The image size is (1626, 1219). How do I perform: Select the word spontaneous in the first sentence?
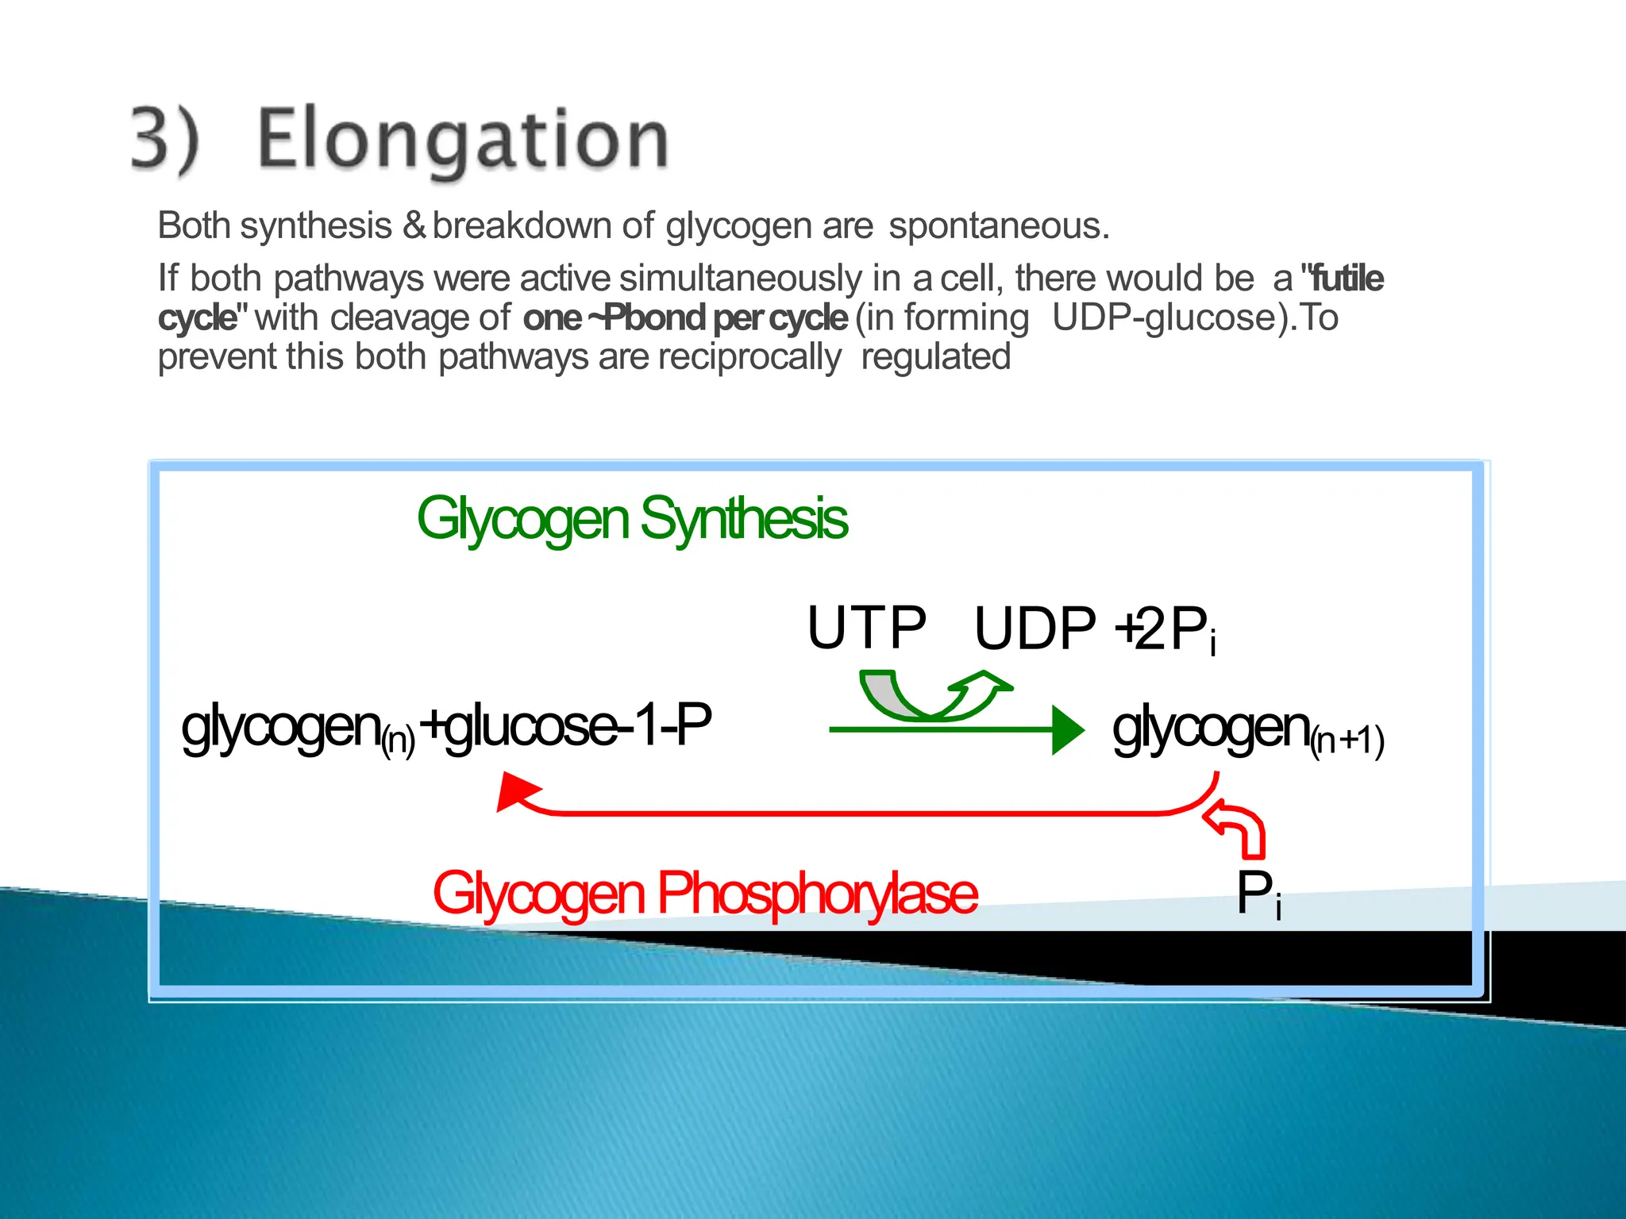coord(998,226)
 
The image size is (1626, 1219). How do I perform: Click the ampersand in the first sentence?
coord(414,225)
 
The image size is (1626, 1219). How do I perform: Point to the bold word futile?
coord(1347,279)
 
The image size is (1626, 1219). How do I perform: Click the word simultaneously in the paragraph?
coord(740,279)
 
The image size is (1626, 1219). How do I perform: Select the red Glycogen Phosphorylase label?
coord(704,894)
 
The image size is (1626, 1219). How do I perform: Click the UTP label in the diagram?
coord(866,628)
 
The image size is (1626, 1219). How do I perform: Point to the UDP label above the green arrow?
coord(1035,629)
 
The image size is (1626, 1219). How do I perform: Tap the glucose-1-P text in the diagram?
coord(578,725)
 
